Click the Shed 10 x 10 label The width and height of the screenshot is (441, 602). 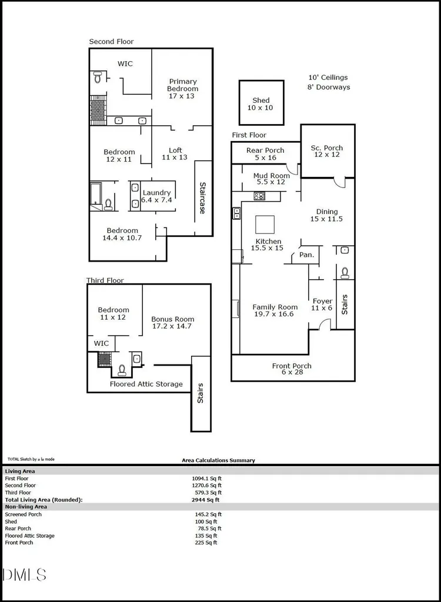[x=260, y=104]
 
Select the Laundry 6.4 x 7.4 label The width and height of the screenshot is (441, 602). [x=156, y=196]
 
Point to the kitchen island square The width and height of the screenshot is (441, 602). [x=265, y=225]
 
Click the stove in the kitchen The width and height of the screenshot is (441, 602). [x=259, y=196]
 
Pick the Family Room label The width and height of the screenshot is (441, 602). [x=275, y=307]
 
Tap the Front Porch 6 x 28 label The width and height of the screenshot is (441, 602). [x=292, y=369]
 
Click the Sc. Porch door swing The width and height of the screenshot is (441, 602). [x=339, y=183]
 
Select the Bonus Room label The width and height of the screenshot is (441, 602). [x=172, y=319]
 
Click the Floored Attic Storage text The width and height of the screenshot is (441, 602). [x=146, y=384]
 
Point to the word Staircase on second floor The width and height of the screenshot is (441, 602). [x=202, y=198]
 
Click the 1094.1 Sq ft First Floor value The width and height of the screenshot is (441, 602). [x=206, y=479]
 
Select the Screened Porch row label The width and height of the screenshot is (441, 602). [x=23, y=514]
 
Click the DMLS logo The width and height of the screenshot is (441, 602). [x=24, y=575]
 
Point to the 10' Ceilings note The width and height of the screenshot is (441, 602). [x=328, y=78]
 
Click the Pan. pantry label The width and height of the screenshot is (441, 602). [x=306, y=255]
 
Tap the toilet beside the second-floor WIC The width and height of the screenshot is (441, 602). [x=97, y=77]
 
